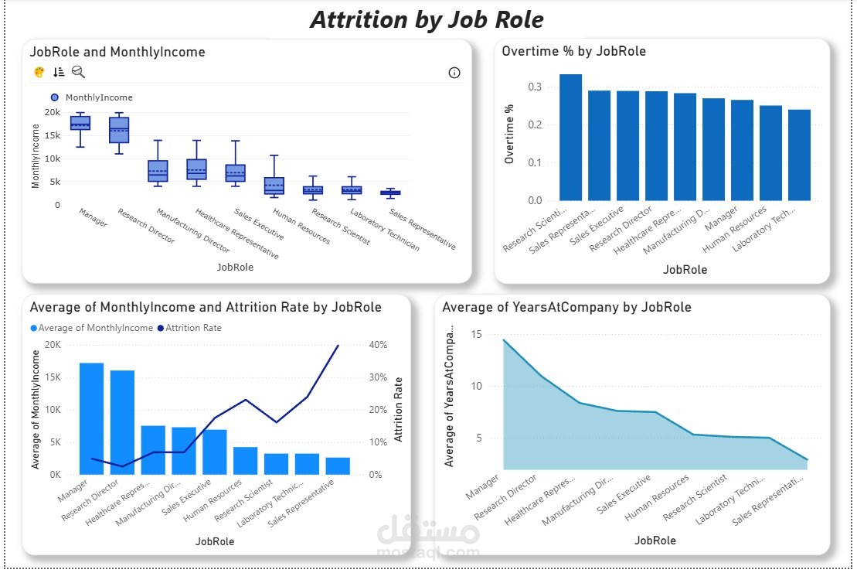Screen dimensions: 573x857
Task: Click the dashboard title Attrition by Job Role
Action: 427,19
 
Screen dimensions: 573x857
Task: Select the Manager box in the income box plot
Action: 80,123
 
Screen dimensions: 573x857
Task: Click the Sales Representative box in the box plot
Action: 390,193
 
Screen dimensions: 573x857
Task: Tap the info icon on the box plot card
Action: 454,73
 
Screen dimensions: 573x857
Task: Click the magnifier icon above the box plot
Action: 78,72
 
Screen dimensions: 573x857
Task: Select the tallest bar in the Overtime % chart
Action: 570,138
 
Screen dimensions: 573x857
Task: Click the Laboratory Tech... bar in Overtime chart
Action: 799,155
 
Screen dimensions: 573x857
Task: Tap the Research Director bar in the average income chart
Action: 122,422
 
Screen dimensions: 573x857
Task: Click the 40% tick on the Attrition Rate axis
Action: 375,345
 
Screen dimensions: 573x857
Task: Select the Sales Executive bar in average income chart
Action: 215,452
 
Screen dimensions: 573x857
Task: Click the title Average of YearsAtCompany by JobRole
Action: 566,307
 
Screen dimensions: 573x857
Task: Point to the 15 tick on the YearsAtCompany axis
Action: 475,335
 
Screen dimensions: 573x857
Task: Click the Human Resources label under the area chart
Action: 657,500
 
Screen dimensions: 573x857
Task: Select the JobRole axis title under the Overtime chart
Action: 685,270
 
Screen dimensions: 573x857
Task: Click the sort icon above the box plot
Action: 59,72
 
